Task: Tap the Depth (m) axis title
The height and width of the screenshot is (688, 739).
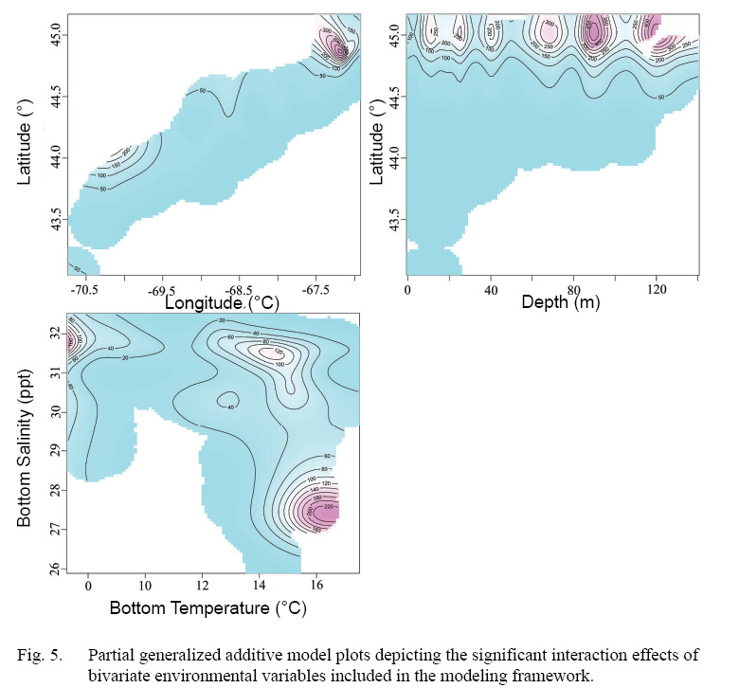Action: [x=560, y=302]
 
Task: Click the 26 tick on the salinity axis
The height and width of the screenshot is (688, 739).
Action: [x=55, y=567]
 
